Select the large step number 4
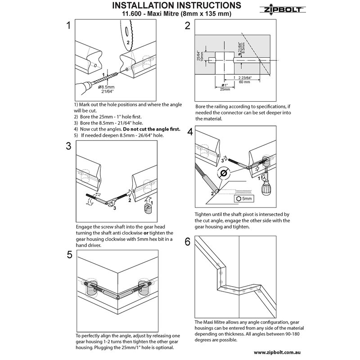tap(189, 132)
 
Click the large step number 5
tap(69, 255)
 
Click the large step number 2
tap(188, 26)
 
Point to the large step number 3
tap(68, 146)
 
